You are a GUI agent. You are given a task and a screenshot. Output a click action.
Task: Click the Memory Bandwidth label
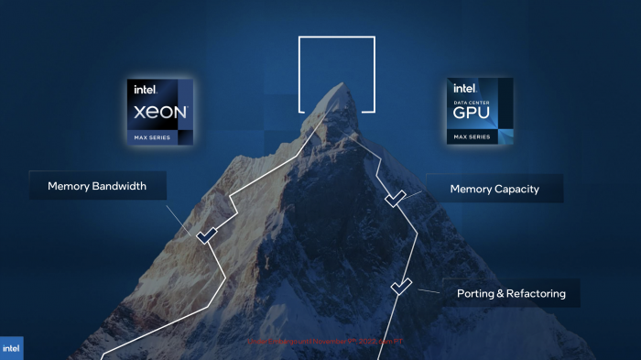tap(98, 185)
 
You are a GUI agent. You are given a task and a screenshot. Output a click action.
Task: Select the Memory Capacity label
tap(494, 190)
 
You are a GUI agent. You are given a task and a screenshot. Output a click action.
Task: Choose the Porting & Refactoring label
tap(511, 294)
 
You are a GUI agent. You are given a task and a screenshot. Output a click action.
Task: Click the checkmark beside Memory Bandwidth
tap(206, 235)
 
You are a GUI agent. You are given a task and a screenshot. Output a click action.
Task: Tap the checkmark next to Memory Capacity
tap(396, 197)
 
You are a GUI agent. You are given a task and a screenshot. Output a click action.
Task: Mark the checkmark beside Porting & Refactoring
tap(401, 287)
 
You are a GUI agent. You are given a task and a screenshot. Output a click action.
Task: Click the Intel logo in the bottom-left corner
tap(12, 348)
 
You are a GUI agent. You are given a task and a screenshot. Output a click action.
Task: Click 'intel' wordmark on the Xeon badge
tap(147, 90)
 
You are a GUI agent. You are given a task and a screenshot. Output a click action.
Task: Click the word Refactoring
tap(535, 294)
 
